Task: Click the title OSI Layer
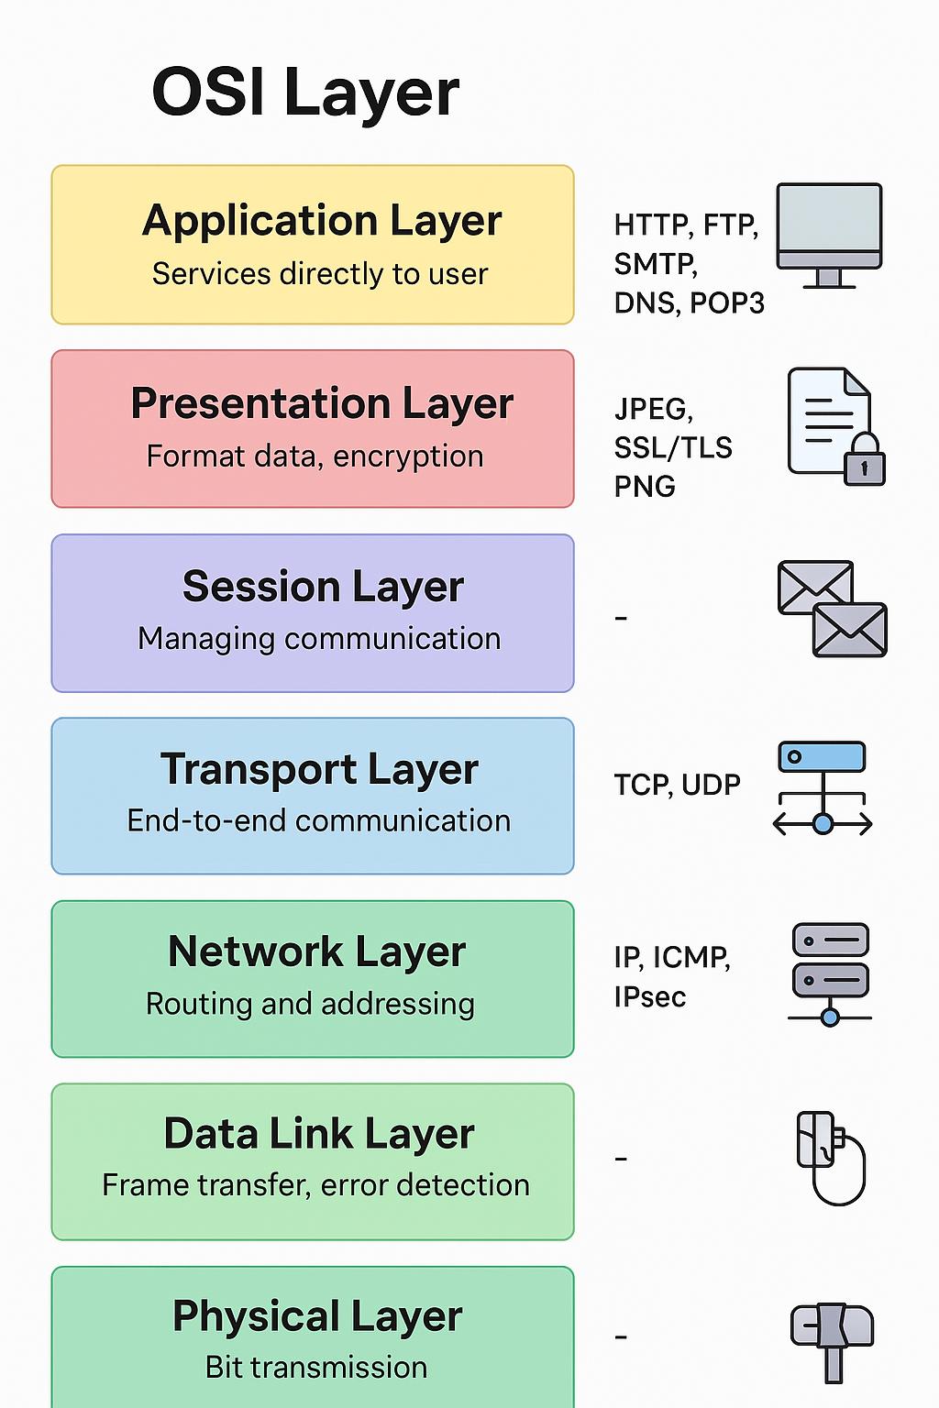click(305, 93)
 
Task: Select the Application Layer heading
click(322, 222)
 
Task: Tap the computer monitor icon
click(829, 234)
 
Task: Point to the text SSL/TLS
click(673, 447)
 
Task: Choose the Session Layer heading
click(323, 588)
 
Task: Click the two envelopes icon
click(832, 609)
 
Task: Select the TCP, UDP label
click(677, 785)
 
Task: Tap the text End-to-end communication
click(319, 820)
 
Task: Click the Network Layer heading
click(317, 952)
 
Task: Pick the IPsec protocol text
click(650, 996)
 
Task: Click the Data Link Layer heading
click(319, 1135)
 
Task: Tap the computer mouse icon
click(831, 1157)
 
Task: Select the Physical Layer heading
click(317, 1317)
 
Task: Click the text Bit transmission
click(316, 1367)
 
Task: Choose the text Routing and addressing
click(310, 1004)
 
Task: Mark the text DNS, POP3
click(689, 302)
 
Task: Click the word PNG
click(645, 486)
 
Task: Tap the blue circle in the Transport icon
click(823, 824)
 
